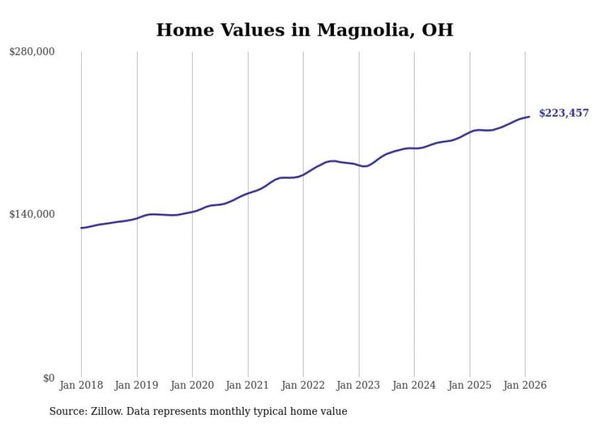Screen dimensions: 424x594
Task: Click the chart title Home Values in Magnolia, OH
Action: tap(304, 30)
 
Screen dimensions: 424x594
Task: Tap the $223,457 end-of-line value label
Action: tap(564, 113)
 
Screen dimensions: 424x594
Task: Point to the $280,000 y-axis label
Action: tap(32, 52)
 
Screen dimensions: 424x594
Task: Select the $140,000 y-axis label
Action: tap(32, 214)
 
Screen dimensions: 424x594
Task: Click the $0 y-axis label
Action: tap(48, 378)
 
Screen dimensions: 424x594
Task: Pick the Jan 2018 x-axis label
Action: tap(81, 385)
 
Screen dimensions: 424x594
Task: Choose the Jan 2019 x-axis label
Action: tap(137, 385)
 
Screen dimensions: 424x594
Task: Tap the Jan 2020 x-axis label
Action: tap(192, 385)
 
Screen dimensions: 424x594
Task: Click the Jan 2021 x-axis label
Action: tap(248, 385)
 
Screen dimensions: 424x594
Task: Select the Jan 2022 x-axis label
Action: tap(303, 385)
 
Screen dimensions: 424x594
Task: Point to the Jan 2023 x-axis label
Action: tap(359, 385)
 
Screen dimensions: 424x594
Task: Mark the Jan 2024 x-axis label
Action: tap(414, 385)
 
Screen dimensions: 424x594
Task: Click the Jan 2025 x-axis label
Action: tap(470, 385)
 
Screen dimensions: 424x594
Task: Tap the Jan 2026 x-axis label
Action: tap(525, 385)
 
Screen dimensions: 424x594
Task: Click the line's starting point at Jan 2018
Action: tap(82, 228)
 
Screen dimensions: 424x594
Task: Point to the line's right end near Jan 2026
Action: tap(529, 116)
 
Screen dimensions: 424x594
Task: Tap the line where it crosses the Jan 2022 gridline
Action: tap(303, 175)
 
